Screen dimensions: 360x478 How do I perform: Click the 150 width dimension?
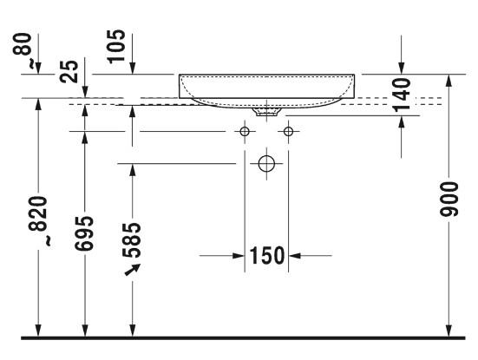[267, 256]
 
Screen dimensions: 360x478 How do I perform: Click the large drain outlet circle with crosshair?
[267, 163]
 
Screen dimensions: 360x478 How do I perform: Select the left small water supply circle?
[246, 132]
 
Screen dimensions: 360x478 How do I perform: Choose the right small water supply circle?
[288, 132]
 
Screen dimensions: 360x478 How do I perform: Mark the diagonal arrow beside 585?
[132, 272]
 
